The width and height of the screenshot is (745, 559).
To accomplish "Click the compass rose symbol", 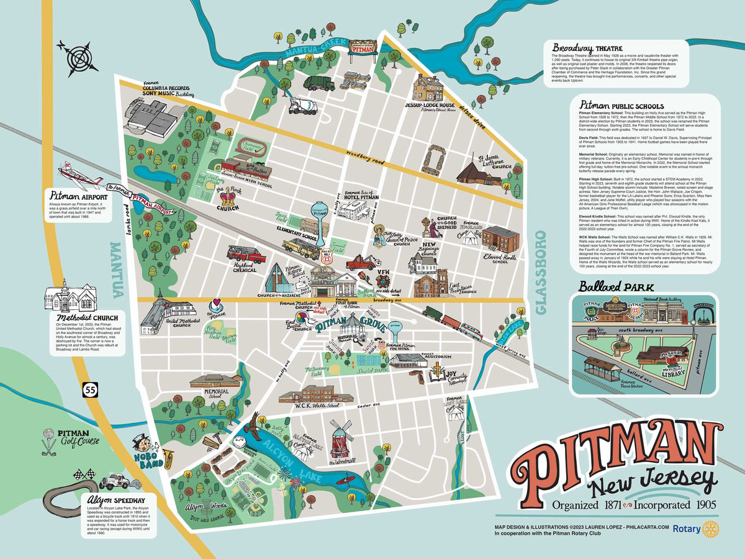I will (77, 55).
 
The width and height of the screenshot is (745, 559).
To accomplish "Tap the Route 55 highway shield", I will (90, 389).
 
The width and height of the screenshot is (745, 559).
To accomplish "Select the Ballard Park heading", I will (610, 287).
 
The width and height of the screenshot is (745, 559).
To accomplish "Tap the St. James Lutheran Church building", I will (478, 171).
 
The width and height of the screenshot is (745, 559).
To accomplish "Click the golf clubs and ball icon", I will (48, 442).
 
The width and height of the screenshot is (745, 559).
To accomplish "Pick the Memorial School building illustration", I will (216, 381).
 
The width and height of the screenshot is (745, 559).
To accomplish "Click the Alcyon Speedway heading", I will (117, 499).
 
